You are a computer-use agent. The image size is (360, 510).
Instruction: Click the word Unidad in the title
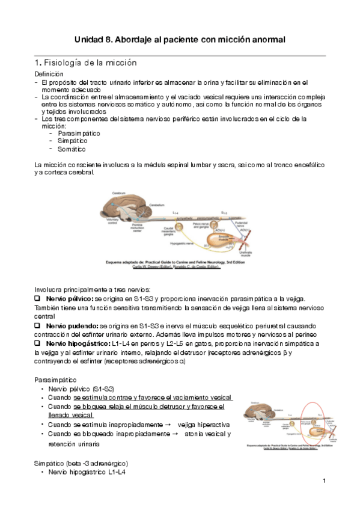coord(90,39)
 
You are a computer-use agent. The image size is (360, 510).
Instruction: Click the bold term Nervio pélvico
coord(70,299)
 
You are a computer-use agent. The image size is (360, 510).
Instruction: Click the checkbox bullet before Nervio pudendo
coord(38,325)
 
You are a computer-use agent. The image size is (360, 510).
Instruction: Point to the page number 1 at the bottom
coord(323,481)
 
